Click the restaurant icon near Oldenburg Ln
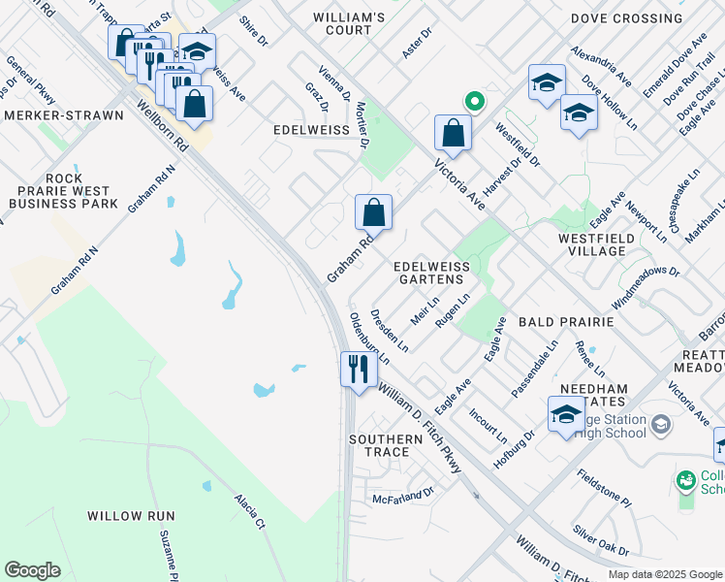359,369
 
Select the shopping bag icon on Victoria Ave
453,132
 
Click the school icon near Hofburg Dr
566,414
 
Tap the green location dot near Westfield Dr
474,101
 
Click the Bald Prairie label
566,321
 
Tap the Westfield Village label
597,244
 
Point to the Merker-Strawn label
63,115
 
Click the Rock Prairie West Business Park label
64,191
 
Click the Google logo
32,570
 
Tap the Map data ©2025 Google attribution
664,574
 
